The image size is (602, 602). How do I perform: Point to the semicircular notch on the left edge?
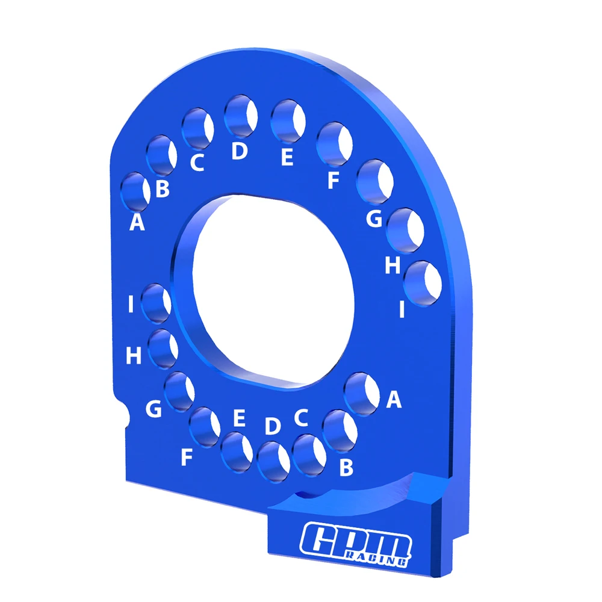[124, 415]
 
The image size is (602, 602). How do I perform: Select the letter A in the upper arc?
[137, 223]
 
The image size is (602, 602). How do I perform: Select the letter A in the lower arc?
[394, 399]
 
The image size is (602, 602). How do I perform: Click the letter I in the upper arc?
[401, 309]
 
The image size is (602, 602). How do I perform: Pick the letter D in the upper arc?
[239, 152]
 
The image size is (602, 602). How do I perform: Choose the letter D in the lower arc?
[273, 426]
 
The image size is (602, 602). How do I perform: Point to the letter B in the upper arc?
[163, 189]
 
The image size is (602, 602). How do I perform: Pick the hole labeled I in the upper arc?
[424, 283]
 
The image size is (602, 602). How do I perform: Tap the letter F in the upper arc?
[334, 180]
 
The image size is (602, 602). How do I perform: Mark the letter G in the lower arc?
[154, 410]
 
